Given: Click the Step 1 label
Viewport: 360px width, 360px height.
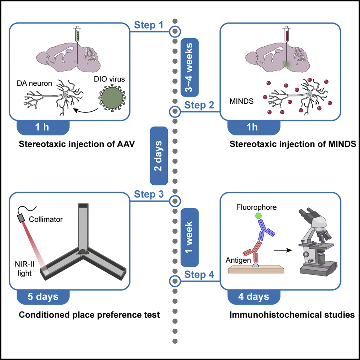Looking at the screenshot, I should pyautogui.click(x=149, y=25).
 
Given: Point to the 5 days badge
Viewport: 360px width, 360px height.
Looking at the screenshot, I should pyautogui.click(x=43, y=297).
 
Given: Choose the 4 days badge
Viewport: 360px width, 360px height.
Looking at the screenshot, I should pyautogui.click(x=254, y=297).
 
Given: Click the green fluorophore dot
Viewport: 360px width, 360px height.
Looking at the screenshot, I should pyautogui.click(x=258, y=216).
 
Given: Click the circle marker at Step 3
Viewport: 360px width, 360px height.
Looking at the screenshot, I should pyautogui.click(x=175, y=200).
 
